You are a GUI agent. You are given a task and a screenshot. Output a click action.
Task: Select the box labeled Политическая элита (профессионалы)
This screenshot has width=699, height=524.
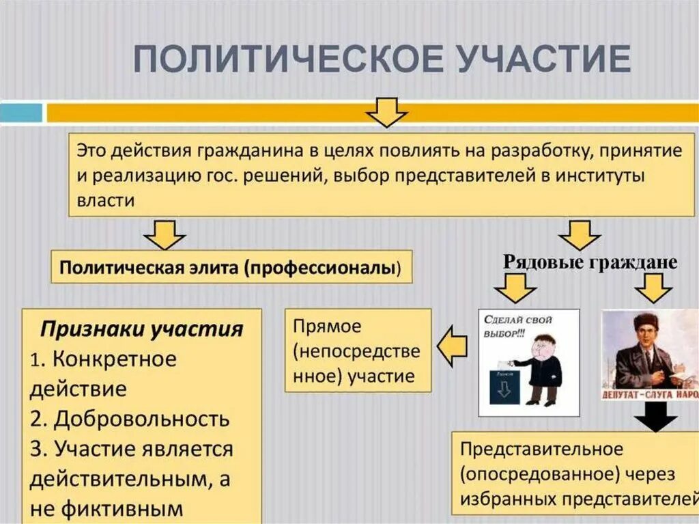point(232,267)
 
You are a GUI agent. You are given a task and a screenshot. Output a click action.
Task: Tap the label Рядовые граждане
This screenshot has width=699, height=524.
point(590,263)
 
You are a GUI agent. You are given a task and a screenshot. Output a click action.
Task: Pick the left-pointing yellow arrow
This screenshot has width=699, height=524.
point(451,348)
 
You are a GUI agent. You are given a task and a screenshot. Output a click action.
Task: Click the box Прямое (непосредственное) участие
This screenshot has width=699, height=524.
point(358,350)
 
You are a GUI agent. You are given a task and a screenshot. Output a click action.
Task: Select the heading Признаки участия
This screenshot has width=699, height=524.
point(142,329)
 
